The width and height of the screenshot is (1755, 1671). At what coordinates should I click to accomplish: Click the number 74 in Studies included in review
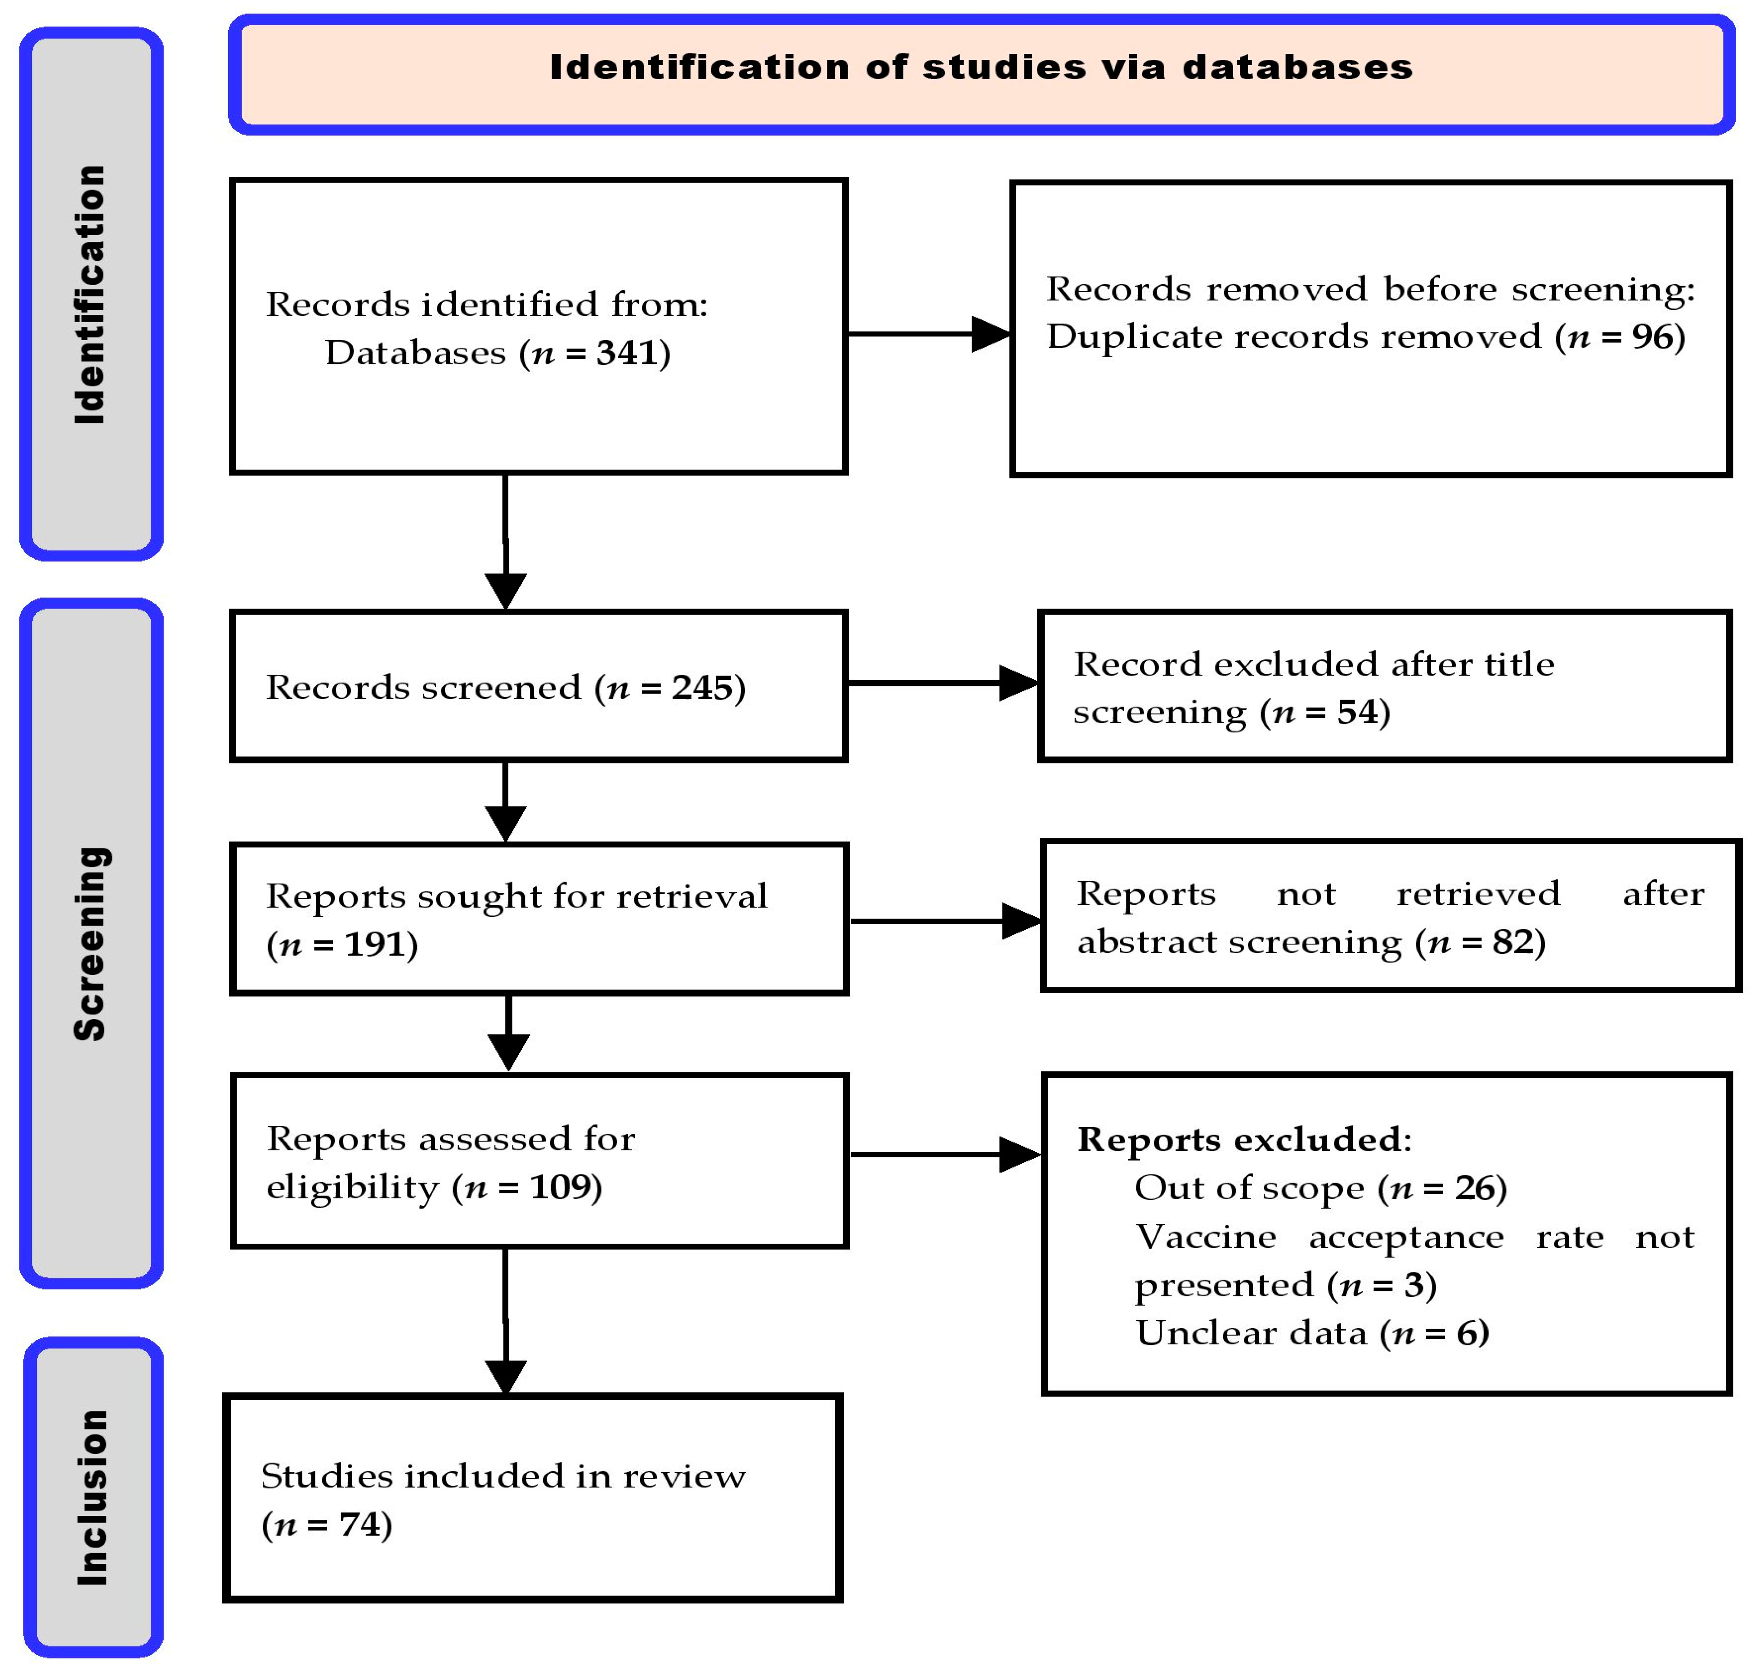359,1524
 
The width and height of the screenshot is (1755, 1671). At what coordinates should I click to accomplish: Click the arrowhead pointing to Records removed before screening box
991,334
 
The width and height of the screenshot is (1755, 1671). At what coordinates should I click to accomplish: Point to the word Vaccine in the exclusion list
1205,1237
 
